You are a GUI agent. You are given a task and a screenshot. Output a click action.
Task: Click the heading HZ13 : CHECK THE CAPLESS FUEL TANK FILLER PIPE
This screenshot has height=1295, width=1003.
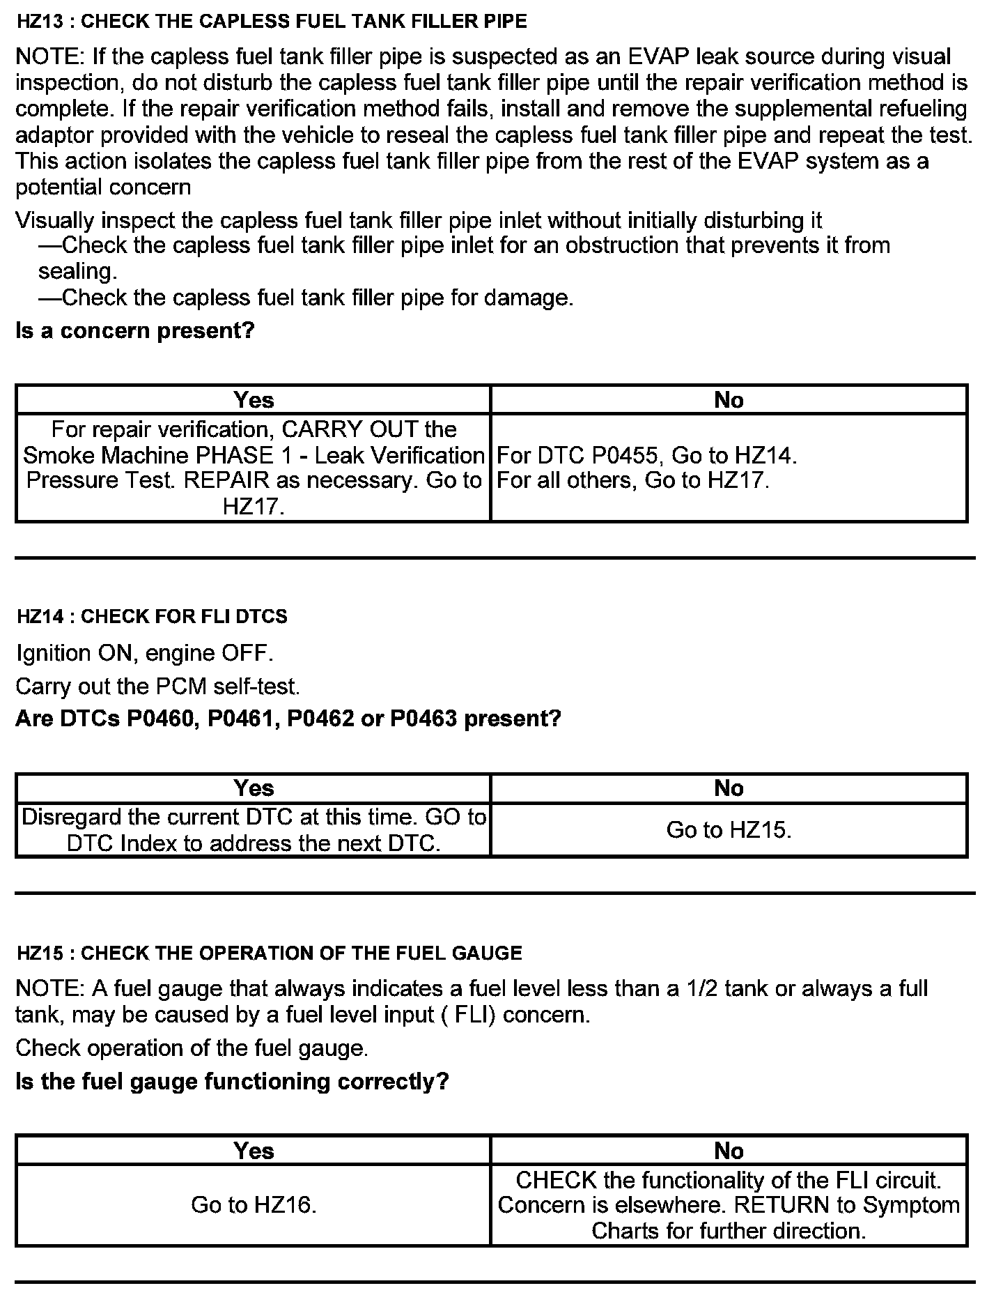coord(272,22)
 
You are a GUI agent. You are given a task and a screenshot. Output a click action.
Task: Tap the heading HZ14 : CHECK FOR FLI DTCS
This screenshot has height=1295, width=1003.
coord(152,616)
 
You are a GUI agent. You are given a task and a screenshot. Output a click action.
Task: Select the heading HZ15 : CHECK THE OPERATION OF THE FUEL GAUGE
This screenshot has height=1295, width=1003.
coord(269,953)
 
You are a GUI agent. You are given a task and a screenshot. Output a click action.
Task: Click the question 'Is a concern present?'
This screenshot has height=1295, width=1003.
coord(135,330)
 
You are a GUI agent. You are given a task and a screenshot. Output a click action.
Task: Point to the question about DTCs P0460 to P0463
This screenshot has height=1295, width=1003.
coord(288,718)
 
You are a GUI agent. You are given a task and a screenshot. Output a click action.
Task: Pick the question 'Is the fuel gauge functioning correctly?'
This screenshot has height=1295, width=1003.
coord(232,1081)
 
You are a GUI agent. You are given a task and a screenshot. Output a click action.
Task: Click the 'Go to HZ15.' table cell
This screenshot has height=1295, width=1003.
coord(729,829)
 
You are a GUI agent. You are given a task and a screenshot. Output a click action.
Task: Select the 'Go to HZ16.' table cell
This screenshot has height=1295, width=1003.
coord(254,1204)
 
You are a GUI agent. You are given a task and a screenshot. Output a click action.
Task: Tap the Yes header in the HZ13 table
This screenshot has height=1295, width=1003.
coord(254,400)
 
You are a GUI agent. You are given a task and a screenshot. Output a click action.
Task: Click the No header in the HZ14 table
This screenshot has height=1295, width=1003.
coord(729,788)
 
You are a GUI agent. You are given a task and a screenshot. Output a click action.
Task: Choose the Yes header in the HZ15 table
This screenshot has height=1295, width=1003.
coord(254,1151)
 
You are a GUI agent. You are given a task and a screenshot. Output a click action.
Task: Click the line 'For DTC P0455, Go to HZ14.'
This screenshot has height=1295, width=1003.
coord(646,456)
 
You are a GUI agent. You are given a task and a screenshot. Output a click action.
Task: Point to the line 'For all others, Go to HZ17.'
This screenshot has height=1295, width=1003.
coord(633,480)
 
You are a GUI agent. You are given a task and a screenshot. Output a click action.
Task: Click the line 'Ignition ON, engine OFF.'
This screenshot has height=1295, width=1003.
coord(145,653)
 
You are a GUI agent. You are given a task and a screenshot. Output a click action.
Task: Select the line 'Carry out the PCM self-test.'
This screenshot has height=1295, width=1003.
coord(158,687)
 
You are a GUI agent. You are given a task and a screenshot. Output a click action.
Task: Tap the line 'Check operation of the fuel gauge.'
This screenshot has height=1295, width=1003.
coord(192,1048)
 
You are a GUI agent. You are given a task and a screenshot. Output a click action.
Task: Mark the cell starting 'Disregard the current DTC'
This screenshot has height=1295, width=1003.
coord(254,829)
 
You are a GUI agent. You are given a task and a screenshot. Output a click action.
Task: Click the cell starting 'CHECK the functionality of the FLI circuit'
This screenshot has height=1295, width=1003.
coord(729,1205)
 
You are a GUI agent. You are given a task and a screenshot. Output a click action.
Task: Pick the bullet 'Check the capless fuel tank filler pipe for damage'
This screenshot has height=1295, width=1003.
coord(306,298)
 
